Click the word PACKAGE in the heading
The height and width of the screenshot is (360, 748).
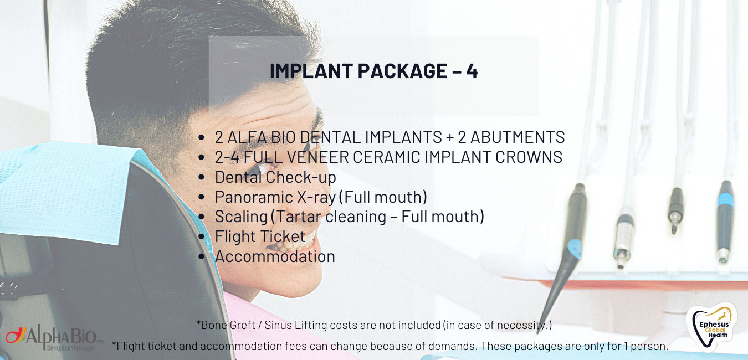[402, 71]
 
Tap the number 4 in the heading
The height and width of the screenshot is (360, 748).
[472, 71]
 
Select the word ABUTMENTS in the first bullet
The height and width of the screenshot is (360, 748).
[518, 137]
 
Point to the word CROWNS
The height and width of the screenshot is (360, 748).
[529, 157]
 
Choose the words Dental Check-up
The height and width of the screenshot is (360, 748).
[275, 177]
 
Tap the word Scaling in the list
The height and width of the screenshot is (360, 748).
[241, 217]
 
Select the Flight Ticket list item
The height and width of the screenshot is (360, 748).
[260, 236]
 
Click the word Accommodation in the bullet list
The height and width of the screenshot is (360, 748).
[275, 256]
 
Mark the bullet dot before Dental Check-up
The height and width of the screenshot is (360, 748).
[201, 177]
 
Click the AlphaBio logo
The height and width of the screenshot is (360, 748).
[53, 338]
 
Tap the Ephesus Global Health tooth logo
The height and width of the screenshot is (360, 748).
[713, 326]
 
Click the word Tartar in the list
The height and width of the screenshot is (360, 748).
[299, 217]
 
